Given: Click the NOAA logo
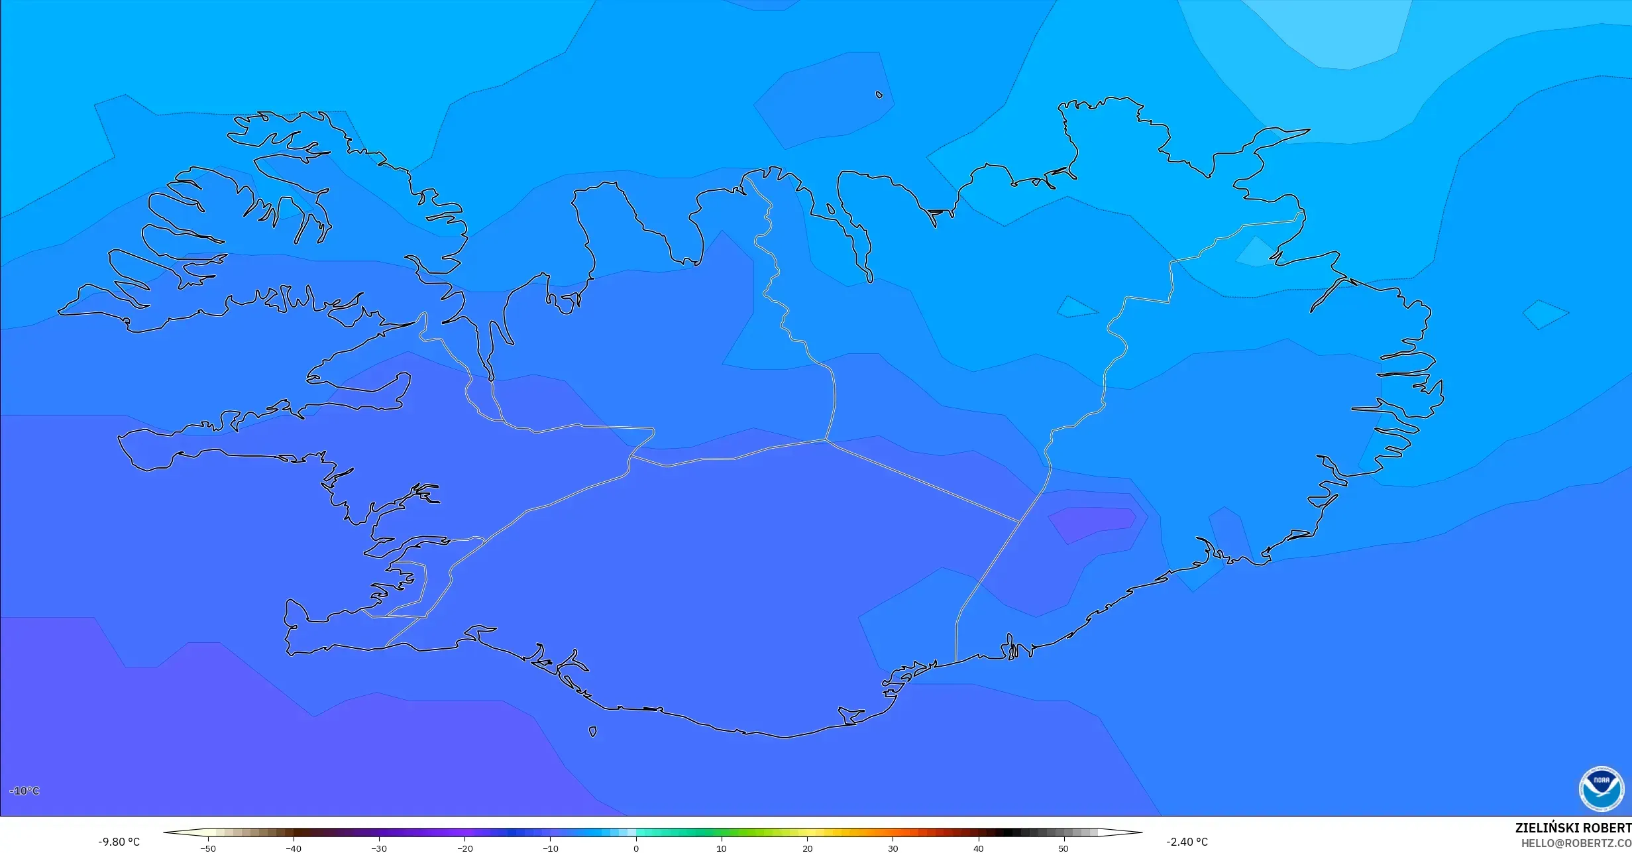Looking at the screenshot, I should (x=1601, y=789).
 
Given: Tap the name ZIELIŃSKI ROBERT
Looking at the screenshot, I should (x=1572, y=828).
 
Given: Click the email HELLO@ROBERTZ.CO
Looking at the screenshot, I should (x=1576, y=843).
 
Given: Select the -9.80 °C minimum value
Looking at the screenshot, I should (x=119, y=842).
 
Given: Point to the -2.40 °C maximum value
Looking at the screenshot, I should (x=1187, y=842).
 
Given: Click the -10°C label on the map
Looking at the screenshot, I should (x=25, y=791).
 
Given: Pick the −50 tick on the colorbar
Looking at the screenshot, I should (x=208, y=848).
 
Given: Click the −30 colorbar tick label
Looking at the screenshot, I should (x=379, y=848).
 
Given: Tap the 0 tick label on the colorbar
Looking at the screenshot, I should (x=636, y=848).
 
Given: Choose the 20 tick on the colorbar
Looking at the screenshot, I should (x=807, y=848).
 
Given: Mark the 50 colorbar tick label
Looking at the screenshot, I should (x=1063, y=848).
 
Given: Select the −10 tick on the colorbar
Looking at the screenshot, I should (x=551, y=848).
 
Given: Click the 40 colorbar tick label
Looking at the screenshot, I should (x=978, y=848).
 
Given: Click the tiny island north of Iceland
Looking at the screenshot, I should (x=879, y=95).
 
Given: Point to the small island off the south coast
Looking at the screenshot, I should (x=592, y=732).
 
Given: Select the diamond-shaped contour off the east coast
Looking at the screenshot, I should (x=1545, y=314).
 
